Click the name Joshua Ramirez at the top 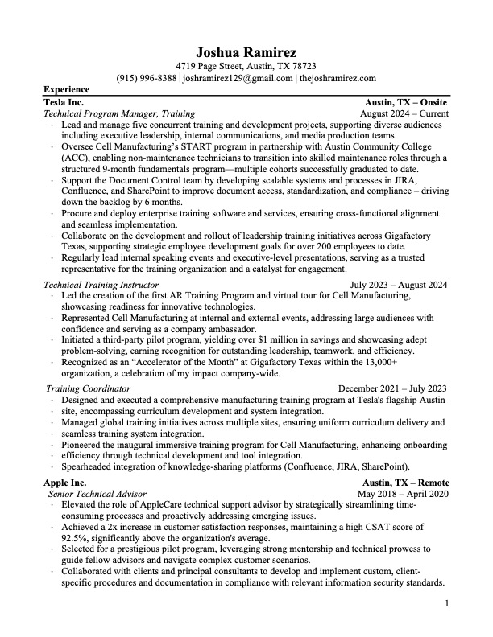click(246, 52)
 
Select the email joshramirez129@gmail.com click(238, 79)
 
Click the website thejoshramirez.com click(338, 79)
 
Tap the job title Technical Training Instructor click(101, 285)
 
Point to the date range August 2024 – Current click(404, 114)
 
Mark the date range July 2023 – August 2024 click(399, 285)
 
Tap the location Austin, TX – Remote click(406, 483)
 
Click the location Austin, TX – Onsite click(407, 103)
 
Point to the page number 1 click(446, 602)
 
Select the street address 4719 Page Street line click(246, 67)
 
